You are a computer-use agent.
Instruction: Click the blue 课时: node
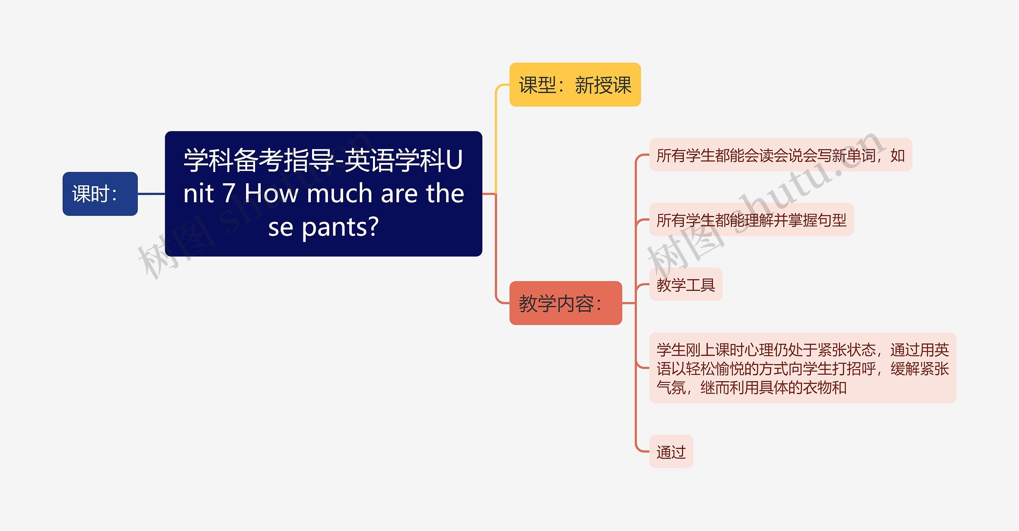point(100,194)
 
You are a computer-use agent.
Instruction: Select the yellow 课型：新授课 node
point(575,85)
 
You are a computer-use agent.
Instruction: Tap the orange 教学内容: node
point(565,303)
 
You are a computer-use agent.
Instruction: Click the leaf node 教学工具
point(685,285)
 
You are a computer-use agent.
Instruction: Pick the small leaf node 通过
point(671,452)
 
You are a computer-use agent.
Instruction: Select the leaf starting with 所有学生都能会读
point(780,155)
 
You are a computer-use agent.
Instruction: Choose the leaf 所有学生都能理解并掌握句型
point(751,220)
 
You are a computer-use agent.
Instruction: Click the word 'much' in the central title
point(340,194)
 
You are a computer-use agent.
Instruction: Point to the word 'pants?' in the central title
point(340,227)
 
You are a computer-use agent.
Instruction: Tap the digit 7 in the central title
point(228,194)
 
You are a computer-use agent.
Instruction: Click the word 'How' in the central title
point(271,194)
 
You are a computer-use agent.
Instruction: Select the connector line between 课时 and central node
point(151,194)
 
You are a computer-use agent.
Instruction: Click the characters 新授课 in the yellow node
point(603,85)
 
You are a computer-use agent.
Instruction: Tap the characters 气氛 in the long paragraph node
point(671,387)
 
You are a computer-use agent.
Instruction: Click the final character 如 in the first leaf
point(898,155)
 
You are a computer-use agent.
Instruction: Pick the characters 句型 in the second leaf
point(832,220)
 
